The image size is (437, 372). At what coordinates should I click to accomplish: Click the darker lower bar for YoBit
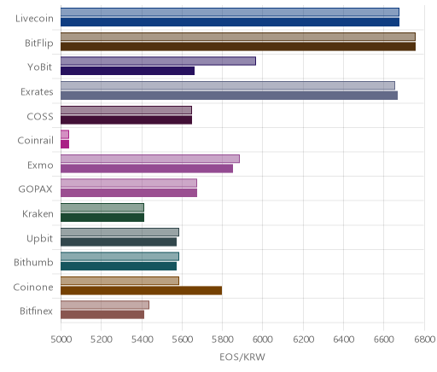[127, 71]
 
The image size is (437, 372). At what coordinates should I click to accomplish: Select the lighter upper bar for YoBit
[158, 61]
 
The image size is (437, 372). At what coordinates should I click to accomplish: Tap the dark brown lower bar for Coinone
[141, 290]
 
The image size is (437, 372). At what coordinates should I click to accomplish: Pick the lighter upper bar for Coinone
[119, 281]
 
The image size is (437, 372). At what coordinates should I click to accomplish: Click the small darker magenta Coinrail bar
[65, 144]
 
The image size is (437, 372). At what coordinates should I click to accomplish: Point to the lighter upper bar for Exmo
[150, 159]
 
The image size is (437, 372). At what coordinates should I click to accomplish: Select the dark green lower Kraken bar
[102, 218]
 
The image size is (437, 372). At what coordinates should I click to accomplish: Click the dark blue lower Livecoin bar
[230, 22]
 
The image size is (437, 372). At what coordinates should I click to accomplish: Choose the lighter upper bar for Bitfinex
[105, 305]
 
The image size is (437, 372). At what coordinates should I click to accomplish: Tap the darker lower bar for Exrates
[229, 96]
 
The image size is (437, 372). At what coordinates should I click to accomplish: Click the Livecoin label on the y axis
[34, 19]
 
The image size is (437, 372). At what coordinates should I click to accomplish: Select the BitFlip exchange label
[39, 43]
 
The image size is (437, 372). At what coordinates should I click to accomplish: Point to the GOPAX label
[35, 189]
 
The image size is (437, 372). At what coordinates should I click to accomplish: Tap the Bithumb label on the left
[33, 262]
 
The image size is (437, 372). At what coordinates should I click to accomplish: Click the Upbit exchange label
[39, 238]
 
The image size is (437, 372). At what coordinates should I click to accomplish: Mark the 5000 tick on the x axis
[61, 340]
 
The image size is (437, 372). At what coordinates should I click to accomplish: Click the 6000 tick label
[262, 340]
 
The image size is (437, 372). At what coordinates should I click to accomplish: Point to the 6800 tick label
[424, 340]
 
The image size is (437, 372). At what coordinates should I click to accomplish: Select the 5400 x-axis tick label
[142, 340]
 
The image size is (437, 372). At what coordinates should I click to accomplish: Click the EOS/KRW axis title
[242, 357]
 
